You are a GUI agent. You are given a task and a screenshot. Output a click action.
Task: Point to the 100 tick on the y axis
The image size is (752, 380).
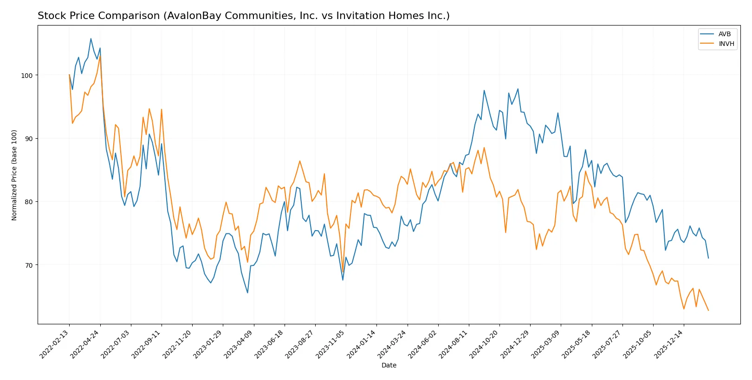[27, 75]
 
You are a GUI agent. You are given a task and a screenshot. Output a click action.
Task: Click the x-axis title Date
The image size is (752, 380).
[389, 365]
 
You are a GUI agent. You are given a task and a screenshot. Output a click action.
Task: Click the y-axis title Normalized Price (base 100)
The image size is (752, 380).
[14, 175]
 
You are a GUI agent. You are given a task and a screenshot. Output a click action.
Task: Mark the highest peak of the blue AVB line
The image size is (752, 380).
[91, 39]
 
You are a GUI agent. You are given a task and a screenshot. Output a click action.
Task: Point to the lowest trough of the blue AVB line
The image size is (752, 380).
[247, 293]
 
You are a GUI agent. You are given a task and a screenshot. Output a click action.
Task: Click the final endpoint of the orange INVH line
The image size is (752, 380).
[708, 310]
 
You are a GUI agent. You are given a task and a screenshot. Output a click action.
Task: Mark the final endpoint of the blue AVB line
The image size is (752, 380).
[708, 258]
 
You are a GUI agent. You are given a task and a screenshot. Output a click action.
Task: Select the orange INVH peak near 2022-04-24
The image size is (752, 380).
[100, 56]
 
